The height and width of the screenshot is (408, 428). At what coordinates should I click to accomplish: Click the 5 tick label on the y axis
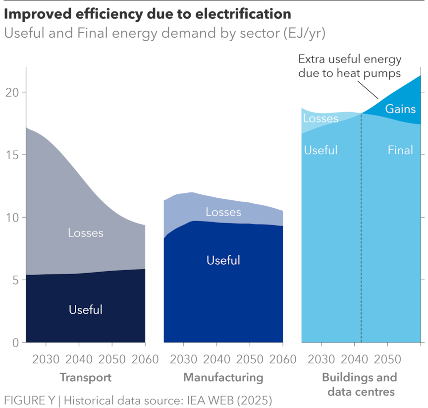15,280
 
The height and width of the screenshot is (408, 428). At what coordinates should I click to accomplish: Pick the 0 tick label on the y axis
15,342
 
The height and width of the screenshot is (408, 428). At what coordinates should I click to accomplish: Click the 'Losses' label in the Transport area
86,233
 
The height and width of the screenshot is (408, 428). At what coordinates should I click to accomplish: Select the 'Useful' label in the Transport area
86,310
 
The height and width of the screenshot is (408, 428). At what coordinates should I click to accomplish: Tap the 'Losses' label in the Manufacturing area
223,212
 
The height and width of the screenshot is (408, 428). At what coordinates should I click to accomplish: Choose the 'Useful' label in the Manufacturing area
223,260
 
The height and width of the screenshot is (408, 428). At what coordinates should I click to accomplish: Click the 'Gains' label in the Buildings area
400,109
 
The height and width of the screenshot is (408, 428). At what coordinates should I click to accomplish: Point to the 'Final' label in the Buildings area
400,150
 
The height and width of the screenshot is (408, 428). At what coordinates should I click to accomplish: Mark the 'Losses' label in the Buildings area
321,118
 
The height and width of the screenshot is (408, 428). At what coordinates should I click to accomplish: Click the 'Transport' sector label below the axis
86,377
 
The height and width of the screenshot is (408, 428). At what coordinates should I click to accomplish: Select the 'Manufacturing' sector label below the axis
223,377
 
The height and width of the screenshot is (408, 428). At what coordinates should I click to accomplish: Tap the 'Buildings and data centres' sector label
360,384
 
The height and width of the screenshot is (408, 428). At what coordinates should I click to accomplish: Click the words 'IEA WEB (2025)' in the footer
232,399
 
